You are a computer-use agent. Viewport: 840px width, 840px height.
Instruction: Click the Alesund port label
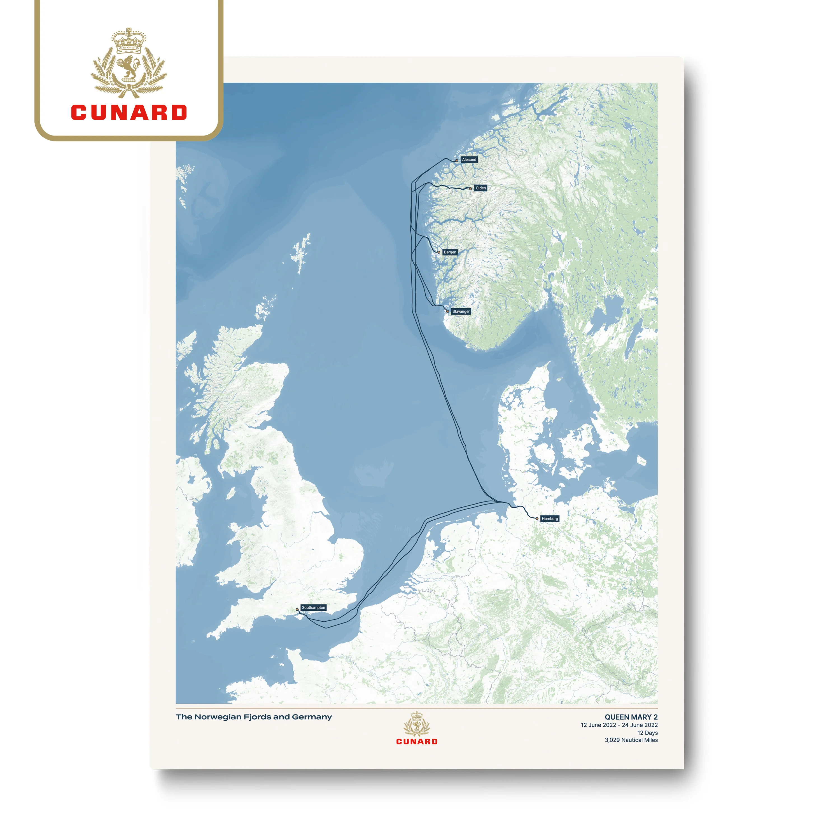[469, 160]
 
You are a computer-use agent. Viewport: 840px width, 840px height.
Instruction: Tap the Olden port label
[480, 188]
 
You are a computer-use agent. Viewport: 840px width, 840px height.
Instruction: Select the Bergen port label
[450, 252]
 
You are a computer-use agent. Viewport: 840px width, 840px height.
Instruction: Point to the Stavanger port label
[461, 311]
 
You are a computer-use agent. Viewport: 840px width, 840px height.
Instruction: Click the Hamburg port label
[550, 519]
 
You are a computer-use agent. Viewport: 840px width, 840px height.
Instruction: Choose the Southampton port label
[314, 607]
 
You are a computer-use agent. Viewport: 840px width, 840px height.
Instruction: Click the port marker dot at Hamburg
[537, 519]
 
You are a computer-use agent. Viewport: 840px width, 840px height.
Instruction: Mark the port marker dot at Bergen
[439, 252]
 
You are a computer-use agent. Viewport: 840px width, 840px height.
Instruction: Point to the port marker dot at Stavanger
[448, 311]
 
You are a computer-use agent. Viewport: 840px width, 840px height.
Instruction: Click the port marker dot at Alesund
[456, 160]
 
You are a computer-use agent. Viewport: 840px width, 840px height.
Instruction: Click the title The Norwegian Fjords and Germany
[253, 717]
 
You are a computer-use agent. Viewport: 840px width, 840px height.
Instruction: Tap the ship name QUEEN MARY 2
[631, 717]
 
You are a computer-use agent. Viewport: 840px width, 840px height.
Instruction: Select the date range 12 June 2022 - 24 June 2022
[619, 725]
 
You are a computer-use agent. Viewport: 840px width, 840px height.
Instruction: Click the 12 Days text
[647, 732]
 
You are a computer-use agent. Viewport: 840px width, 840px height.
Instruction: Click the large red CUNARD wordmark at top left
[129, 112]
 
